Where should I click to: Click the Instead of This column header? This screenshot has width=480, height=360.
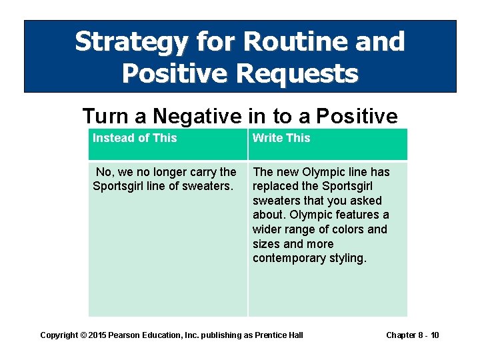(x=135, y=138)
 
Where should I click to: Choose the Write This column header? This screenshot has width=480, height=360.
(x=281, y=138)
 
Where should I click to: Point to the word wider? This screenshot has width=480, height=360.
(x=268, y=229)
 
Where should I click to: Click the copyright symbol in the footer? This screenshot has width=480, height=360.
(x=83, y=335)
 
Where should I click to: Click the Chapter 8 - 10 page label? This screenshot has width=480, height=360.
(x=413, y=335)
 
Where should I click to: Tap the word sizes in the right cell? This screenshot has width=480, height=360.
(x=267, y=244)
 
